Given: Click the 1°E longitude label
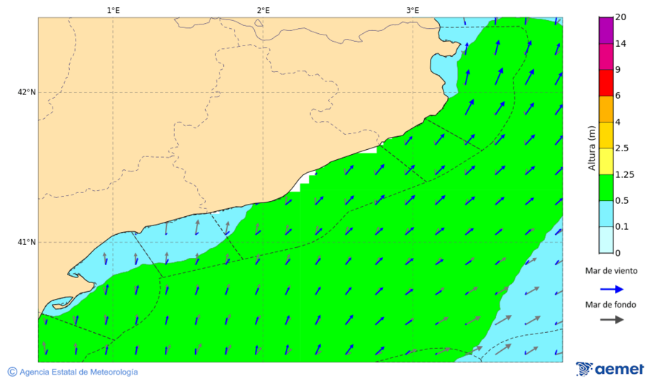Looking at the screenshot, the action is coord(113,10).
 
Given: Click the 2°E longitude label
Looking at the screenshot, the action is coord(263,10).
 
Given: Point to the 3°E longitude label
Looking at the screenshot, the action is coord(413,10).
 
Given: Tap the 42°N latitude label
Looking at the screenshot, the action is coord(27,92).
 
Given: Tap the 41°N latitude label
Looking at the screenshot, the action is coord(27,242).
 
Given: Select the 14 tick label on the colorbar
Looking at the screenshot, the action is coord(621,44).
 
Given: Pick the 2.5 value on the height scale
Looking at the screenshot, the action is coord(623,148).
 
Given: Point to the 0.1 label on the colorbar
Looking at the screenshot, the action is coord(623,227).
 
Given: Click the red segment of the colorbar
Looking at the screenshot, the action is coord(606,83).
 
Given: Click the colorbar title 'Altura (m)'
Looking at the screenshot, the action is coord(592,148).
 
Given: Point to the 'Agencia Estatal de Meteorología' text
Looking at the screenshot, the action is coord(78,372).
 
